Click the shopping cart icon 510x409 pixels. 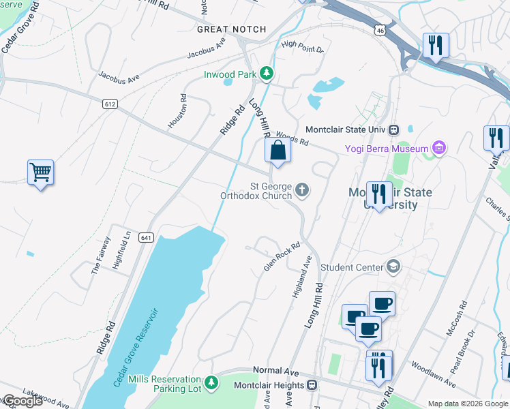click(x=41, y=172)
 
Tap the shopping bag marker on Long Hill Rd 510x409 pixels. click(x=277, y=151)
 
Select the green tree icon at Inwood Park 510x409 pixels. click(x=269, y=73)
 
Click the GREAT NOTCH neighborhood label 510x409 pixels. click(x=230, y=29)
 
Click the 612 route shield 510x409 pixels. click(x=109, y=104)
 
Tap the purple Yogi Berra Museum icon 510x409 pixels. click(x=439, y=149)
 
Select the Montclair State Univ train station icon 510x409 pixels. click(x=393, y=130)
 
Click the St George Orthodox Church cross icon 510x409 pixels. click(x=302, y=190)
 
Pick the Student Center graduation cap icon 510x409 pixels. click(x=393, y=267)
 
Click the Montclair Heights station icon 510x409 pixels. click(x=312, y=385)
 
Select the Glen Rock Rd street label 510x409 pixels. click(x=282, y=257)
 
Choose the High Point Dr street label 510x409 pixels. click(x=302, y=46)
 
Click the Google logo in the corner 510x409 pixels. click(x=22, y=401)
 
